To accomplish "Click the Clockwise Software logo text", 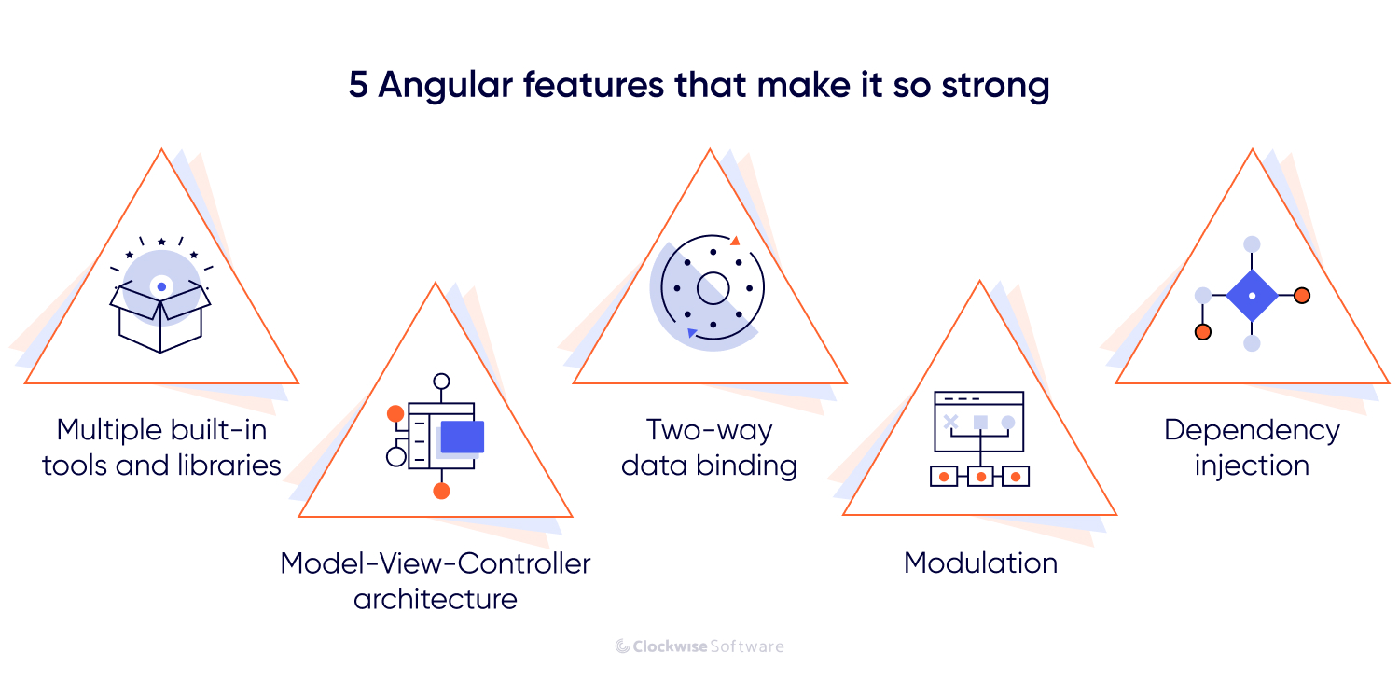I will coord(699,646).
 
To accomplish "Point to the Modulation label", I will coord(980,563).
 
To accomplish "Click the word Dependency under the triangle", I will coord(1252,430).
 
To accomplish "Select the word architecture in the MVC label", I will coord(435,598).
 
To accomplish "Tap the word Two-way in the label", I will coord(709,430).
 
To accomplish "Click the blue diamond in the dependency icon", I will coord(1252,296).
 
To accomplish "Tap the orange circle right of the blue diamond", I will coord(1302,296).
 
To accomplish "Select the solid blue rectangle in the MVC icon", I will coord(462,437).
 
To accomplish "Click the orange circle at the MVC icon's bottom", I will coord(441,491).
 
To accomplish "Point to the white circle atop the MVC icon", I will coord(441,381).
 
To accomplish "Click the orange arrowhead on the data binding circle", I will coord(735,241).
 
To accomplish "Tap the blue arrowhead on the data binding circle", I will coord(691,332).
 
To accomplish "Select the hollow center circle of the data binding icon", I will coord(713,287).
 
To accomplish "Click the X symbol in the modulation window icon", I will coord(950,423).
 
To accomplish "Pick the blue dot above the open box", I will coord(161,286).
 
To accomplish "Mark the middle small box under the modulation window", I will coord(980,477).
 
